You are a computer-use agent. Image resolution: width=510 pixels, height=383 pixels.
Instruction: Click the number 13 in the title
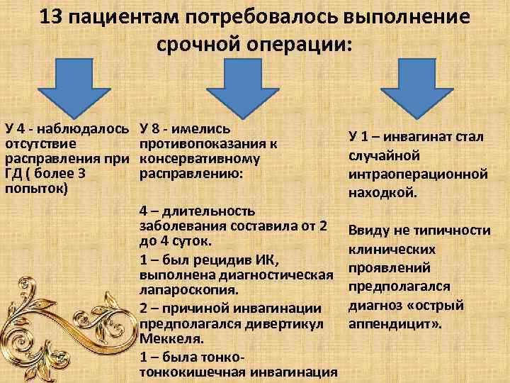(x=52, y=16)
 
